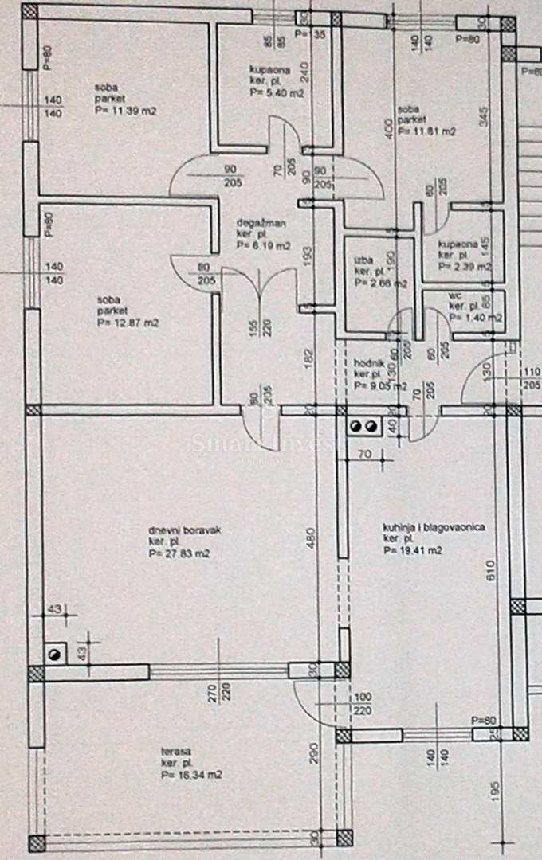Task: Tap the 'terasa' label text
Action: (x=174, y=751)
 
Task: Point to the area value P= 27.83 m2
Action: (x=179, y=554)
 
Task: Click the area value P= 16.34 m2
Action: (x=190, y=774)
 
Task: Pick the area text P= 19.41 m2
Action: (x=413, y=550)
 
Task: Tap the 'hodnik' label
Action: (x=369, y=362)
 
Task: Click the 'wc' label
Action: (x=456, y=294)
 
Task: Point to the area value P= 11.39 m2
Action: (x=124, y=111)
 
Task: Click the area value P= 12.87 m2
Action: (x=128, y=323)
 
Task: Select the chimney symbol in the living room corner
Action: (x=55, y=654)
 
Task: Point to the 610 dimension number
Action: (x=490, y=572)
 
